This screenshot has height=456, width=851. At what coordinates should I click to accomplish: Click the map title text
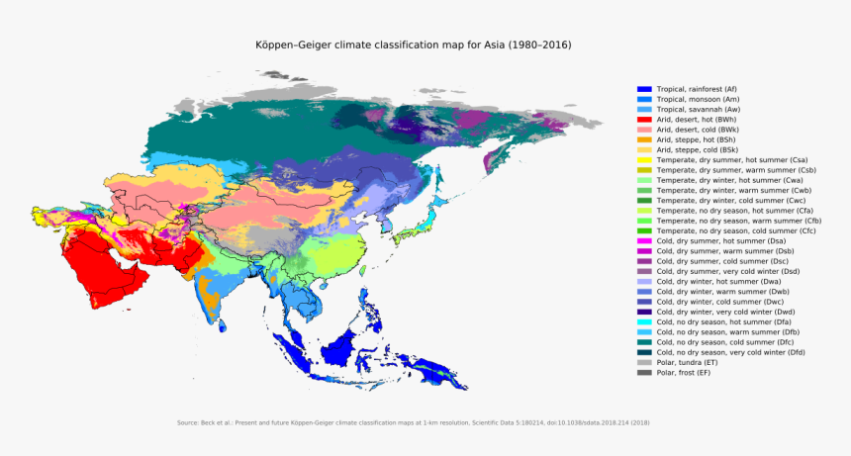coord(414,46)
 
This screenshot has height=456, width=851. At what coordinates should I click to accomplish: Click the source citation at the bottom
coord(414,423)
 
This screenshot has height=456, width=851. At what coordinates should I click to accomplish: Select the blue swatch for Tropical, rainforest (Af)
coord(643,89)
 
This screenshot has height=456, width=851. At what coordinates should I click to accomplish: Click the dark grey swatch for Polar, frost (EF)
coord(643,373)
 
